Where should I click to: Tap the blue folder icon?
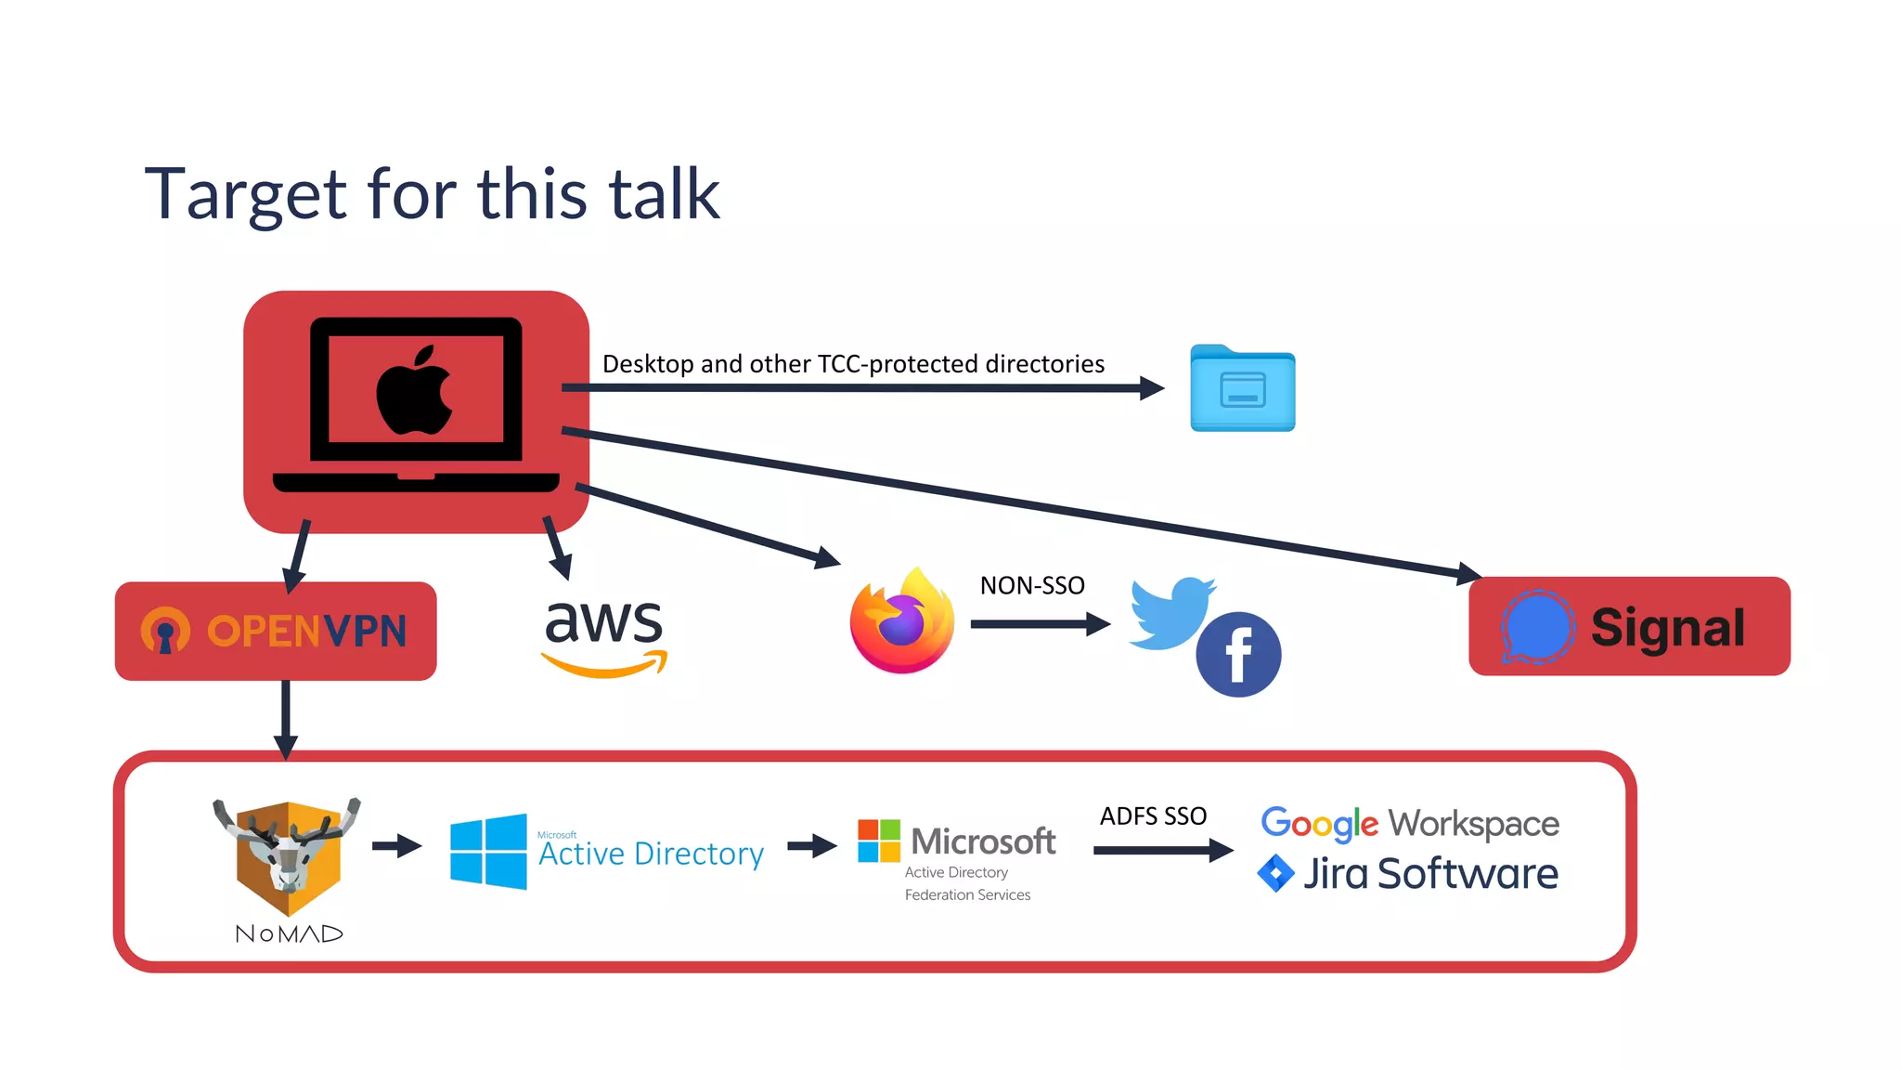point(1242,388)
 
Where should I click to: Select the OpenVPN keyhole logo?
point(165,632)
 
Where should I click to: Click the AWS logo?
point(604,637)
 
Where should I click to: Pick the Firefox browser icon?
point(902,620)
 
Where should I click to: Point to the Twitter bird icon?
point(1171,613)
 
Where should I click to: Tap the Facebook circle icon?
point(1238,655)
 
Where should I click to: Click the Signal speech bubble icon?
point(1537,628)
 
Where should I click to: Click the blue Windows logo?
point(488,852)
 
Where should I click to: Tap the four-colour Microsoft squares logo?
point(879,841)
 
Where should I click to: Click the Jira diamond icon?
point(1275,873)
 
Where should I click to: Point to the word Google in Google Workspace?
point(1319,824)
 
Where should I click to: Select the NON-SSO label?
point(1032,586)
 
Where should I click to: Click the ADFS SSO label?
point(1153,816)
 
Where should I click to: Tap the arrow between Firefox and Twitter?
point(1041,624)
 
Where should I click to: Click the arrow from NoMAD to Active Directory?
point(397,846)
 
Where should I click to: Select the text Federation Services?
point(967,895)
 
